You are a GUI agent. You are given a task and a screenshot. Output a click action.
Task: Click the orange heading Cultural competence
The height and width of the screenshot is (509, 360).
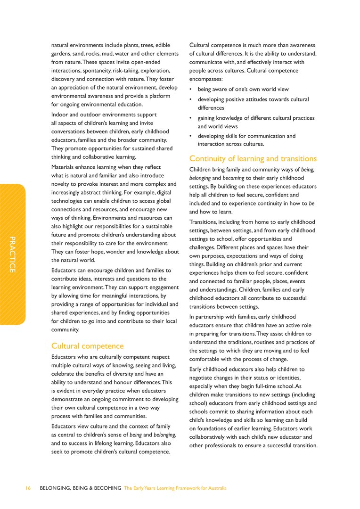click(87, 346)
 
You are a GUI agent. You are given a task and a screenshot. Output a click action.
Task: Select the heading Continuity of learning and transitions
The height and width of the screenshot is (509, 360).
click(253, 158)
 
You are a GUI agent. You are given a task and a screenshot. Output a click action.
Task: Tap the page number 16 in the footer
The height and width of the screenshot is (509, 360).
click(28, 488)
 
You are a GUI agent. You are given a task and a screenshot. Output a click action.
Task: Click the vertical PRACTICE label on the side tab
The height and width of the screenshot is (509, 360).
click(13, 254)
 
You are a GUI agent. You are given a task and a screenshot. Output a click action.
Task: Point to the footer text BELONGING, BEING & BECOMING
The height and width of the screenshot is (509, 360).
click(81, 488)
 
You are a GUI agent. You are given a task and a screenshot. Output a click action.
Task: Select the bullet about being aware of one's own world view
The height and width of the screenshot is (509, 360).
click(243, 89)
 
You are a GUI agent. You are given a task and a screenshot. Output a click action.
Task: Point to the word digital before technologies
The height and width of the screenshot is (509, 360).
click(168, 191)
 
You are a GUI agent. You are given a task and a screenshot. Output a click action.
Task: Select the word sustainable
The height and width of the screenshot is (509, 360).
click(160, 226)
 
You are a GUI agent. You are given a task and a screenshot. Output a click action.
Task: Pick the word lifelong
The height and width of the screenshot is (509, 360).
click(110, 443)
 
